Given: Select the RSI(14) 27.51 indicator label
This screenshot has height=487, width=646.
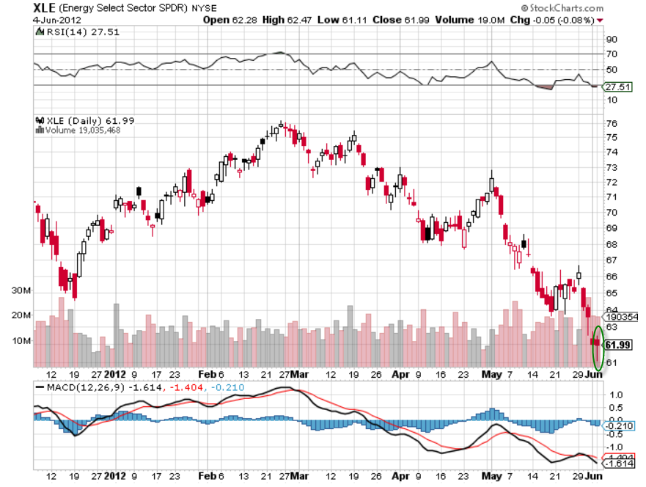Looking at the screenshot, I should tap(72, 32).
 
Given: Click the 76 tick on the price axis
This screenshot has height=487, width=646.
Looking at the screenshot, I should tap(612, 123).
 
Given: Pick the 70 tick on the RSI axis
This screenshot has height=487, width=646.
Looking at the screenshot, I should tap(612, 54).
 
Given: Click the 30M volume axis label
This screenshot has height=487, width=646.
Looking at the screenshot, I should tap(21, 290).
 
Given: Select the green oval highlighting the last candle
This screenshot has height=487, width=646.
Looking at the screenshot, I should tap(598, 347).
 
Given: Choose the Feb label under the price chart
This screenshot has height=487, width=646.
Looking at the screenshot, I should tap(208, 373).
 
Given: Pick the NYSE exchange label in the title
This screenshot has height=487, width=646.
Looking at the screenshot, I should tap(204, 9).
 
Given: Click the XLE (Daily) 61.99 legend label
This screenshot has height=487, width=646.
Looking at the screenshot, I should tap(79, 120).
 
